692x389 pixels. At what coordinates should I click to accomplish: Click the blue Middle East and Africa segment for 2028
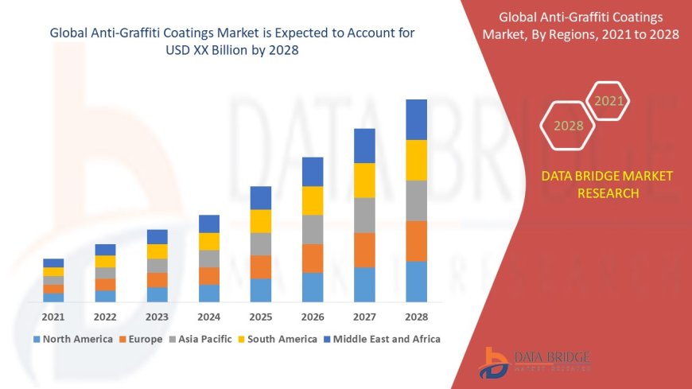coord(416,119)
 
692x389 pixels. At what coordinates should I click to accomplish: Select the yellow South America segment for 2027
coord(364,180)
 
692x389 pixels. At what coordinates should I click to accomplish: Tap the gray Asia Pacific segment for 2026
coord(313,229)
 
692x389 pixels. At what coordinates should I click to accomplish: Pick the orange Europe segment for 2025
coord(261,266)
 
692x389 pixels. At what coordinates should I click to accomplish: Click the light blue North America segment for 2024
coord(209,293)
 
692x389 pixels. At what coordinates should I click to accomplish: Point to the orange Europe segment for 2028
coord(416,241)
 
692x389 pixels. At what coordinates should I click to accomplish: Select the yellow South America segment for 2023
coord(157,251)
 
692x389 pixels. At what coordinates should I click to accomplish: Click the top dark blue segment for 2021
coord(53,263)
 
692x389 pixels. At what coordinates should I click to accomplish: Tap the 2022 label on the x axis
coord(105,317)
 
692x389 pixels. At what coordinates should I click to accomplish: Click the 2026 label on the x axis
coord(313,317)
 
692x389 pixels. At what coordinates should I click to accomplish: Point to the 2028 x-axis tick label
coord(416,317)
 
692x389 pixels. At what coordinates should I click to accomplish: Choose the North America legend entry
coord(72,339)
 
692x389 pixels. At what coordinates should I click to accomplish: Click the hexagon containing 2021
coord(608,101)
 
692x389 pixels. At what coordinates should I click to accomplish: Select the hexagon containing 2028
coord(568,126)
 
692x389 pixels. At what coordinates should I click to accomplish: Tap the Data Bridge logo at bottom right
coord(535,363)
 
